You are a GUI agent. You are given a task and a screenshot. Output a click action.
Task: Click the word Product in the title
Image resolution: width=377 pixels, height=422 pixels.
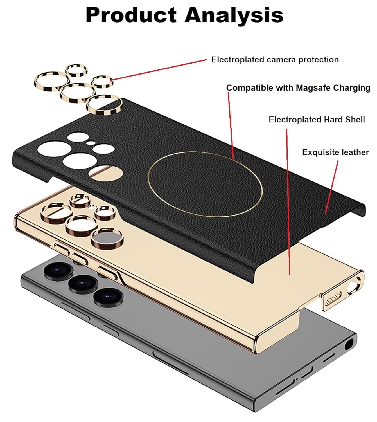(131, 15)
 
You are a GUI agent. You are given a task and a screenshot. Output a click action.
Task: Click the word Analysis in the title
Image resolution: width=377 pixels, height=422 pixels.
(234, 15)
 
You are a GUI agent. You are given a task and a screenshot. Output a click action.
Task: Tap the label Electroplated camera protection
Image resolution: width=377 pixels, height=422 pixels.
(275, 60)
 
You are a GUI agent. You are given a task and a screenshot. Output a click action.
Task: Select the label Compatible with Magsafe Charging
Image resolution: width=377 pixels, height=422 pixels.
(298, 88)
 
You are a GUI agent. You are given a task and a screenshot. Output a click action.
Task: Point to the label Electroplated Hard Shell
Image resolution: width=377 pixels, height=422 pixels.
(317, 120)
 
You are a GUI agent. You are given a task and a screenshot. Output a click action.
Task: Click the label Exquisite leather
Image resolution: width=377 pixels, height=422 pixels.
(335, 152)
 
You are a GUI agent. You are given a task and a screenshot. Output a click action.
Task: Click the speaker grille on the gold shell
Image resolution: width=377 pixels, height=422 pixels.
(333, 299)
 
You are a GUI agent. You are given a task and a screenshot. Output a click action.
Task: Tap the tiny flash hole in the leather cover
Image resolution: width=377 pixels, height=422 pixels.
(90, 143)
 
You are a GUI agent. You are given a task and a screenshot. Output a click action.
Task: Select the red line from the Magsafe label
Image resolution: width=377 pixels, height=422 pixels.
(231, 127)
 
